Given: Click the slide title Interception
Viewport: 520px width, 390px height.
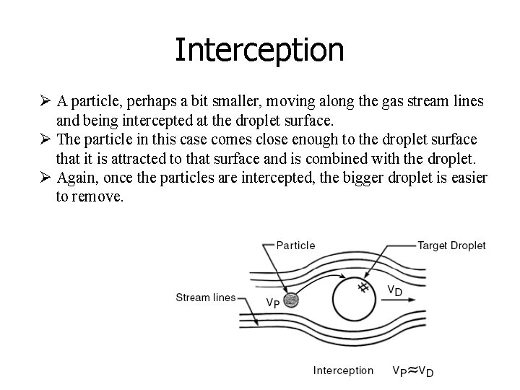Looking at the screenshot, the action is coord(259,50).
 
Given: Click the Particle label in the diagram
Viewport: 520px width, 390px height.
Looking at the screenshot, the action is coord(296,245).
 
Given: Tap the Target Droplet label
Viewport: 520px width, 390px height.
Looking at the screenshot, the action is coord(452,246).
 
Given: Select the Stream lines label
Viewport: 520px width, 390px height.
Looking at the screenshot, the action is coord(206,298).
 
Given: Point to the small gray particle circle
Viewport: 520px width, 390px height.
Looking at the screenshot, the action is coord(292,300).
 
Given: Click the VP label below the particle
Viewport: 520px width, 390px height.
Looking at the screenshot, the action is coord(273,304).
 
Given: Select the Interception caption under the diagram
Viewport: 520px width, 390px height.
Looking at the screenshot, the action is coord(343,370).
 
